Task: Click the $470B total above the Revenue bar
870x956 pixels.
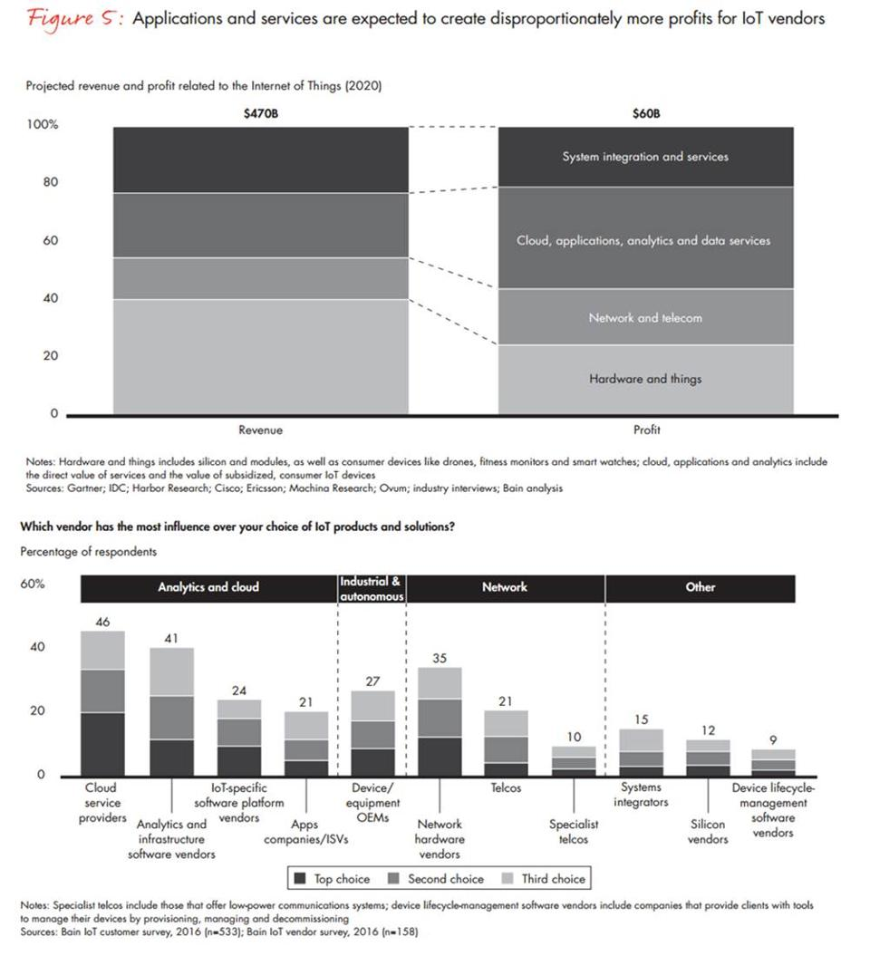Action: (261, 114)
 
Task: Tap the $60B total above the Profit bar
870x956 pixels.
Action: (645, 114)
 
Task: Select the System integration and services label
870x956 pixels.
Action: (645, 157)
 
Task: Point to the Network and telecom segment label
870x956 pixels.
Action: (645, 318)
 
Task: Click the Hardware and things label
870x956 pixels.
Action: (645, 379)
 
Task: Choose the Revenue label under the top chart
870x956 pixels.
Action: (261, 430)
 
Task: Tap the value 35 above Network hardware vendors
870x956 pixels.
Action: (440, 659)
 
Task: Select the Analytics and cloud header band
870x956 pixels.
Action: (208, 587)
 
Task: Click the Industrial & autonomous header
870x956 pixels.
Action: (370, 587)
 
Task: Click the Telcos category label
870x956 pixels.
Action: (506, 788)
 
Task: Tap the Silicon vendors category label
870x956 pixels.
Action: (708, 832)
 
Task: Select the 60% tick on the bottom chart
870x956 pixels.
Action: (32, 584)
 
